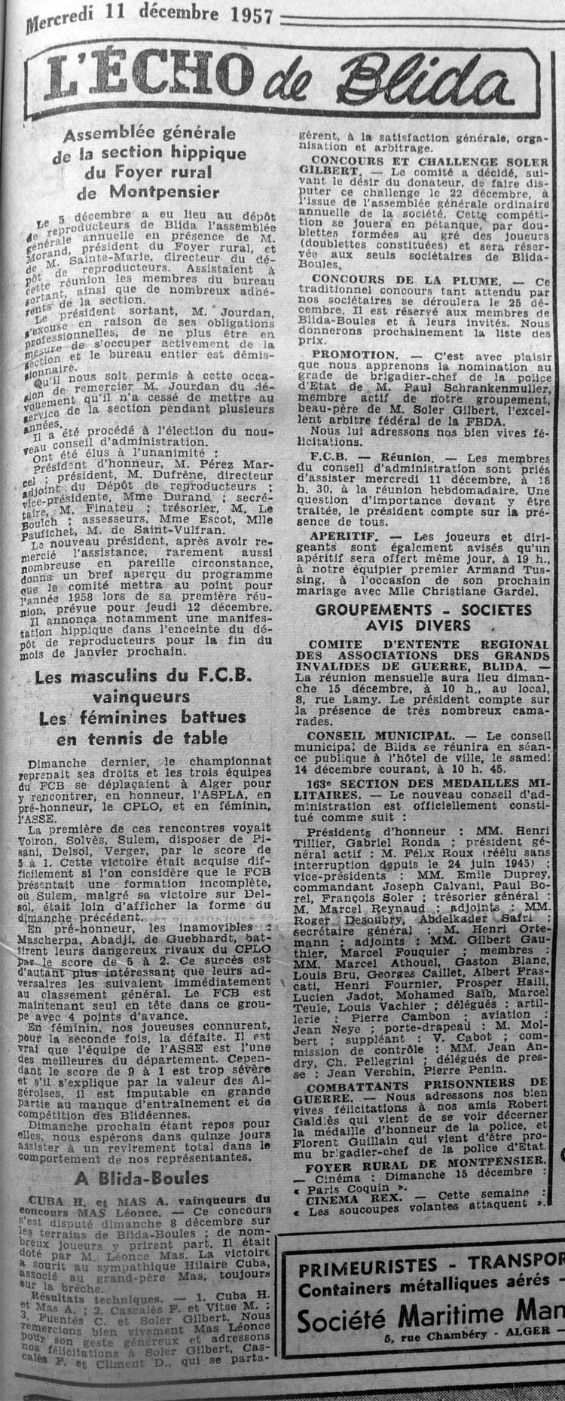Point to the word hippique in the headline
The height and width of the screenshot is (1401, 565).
coord(212,153)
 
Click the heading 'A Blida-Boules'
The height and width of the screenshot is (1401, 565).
coord(142,1178)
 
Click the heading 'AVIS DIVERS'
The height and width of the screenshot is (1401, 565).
coord(429,625)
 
